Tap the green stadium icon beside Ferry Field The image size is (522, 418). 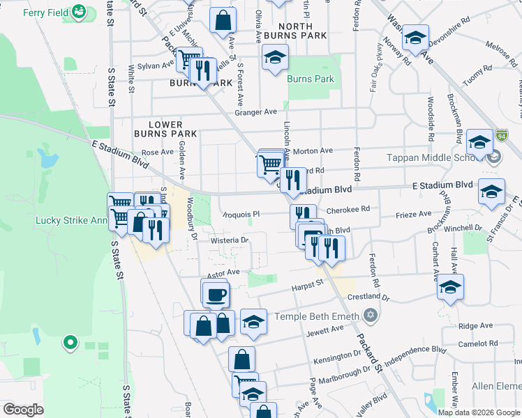(80, 12)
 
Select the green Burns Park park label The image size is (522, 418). (311, 79)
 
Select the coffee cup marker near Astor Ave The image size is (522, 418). (215, 293)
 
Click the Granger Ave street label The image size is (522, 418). (256, 112)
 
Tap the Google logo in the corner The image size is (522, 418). (23, 410)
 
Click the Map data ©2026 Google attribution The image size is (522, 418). (479, 412)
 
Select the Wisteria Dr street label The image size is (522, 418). (230, 240)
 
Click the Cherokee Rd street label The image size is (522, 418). (347, 209)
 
